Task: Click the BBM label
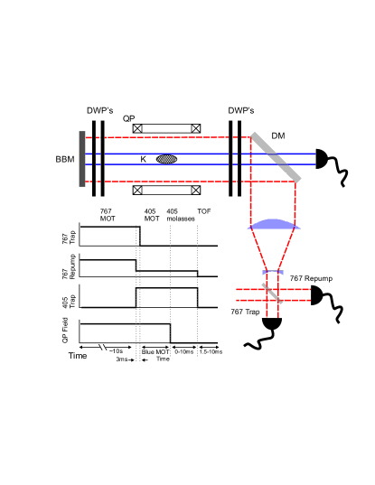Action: [x=65, y=159]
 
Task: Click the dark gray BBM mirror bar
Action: [x=82, y=159]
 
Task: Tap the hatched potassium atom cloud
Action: [x=166, y=159]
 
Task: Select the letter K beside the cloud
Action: [x=144, y=159]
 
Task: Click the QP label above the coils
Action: [x=128, y=118]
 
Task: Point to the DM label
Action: [x=278, y=136]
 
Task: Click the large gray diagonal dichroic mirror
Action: [x=276, y=157]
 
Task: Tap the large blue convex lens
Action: [x=274, y=224]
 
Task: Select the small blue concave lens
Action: [x=273, y=272]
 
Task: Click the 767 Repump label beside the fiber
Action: [x=311, y=278]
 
